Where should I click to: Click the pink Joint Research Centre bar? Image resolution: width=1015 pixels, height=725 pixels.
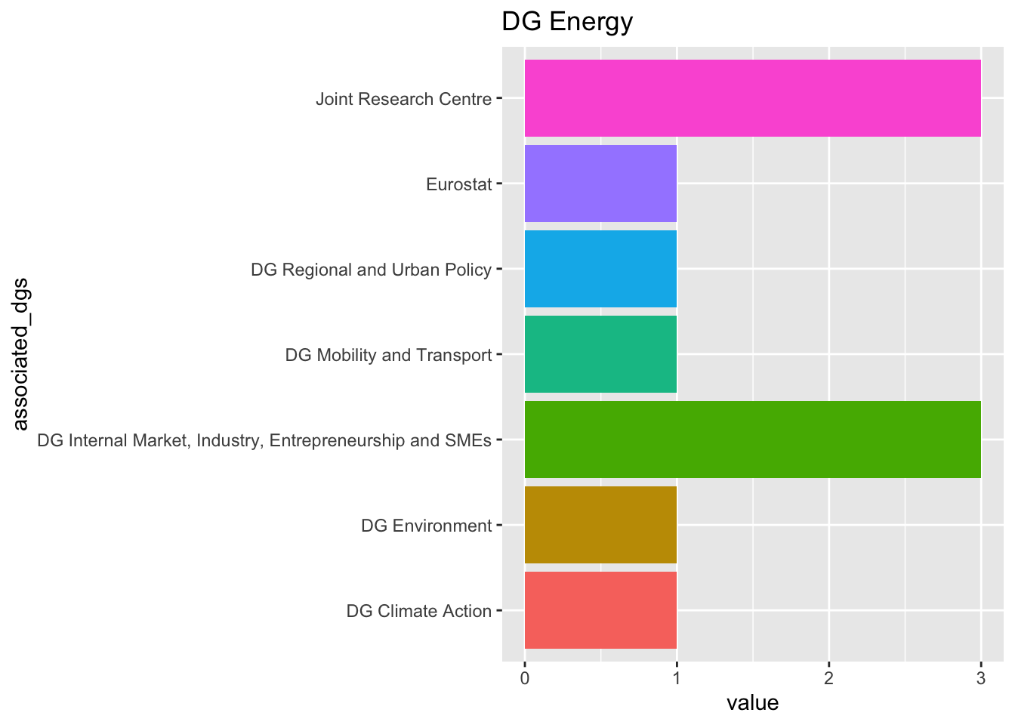click(x=752, y=98)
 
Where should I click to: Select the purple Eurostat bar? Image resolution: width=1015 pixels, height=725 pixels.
click(x=600, y=184)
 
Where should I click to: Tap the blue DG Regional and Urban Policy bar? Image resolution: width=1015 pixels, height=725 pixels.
click(x=600, y=269)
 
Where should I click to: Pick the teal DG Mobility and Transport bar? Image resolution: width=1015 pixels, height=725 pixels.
click(x=600, y=354)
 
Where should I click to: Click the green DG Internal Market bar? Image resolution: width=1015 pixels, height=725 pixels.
click(x=752, y=440)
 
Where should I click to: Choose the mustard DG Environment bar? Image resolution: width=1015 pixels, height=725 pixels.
click(x=600, y=525)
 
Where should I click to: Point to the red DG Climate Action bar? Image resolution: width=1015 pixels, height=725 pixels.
click(x=600, y=610)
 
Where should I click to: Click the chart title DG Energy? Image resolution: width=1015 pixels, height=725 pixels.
click(x=567, y=22)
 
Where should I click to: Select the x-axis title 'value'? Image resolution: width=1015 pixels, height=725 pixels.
click(x=752, y=703)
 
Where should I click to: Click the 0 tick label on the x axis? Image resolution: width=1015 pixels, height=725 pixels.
click(x=524, y=679)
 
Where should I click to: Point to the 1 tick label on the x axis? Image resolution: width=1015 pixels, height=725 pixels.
click(x=677, y=679)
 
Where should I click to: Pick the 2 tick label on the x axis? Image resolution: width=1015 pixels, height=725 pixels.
click(x=828, y=679)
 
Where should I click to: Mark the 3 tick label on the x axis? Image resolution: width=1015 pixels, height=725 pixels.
click(x=981, y=679)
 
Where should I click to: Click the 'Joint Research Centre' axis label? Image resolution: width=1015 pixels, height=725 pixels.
click(x=403, y=99)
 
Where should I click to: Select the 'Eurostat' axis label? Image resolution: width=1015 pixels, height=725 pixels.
click(x=458, y=184)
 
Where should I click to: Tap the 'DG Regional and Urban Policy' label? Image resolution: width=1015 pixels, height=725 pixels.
click(x=371, y=270)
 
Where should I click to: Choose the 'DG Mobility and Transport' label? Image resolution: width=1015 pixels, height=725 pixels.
click(x=388, y=355)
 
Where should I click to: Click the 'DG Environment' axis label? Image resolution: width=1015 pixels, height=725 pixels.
click(x=426, y=526)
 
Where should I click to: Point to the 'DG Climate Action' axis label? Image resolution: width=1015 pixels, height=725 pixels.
click(x=418, y=611)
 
